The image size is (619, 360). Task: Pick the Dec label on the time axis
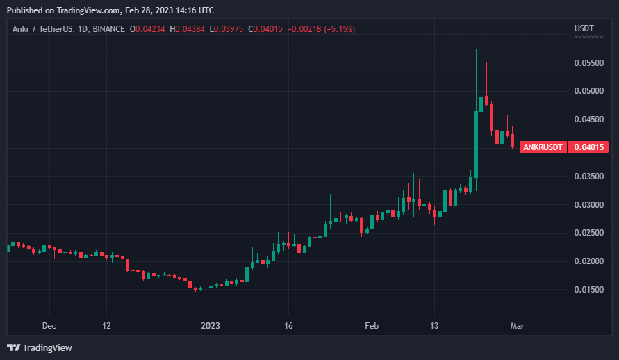click(x=49, y=325)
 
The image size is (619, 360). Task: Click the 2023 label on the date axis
click(x=210, y=325)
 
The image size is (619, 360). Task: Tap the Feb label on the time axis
click(x=372, y=325)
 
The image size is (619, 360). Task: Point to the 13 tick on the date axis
click(x=434, y=325)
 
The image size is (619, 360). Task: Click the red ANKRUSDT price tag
click(x=543, y=147)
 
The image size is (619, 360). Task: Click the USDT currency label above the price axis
click(x=584, y=28)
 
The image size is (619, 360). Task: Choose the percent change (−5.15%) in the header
click(x=338, y=28)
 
